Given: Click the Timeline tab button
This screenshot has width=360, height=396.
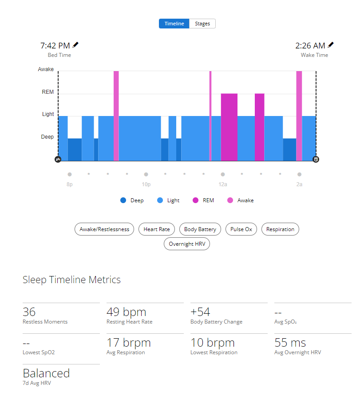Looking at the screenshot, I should pyautogui.click(x=174, y=24).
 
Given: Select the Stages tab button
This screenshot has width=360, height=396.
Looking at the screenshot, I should pyautogui.click(x=202, y=24).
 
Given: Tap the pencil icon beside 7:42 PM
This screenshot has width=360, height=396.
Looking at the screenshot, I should pyautogui.click(x=76, y=45).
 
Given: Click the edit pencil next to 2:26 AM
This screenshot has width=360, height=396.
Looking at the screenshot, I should pyautogui.click(x=331, y=45).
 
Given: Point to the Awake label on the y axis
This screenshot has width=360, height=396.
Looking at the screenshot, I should pyautogui.click(x=46, y=69).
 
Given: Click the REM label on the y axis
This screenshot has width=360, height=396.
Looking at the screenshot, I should pyautogui.click(x=47, y=92).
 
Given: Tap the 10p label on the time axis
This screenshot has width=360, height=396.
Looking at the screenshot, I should pyautogui.click(x=146, y=184).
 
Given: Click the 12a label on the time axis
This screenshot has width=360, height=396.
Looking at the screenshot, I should pyautogui.click(x=223, y=184).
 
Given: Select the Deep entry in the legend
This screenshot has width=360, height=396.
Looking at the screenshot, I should pyautogui.click(x=132, y=200).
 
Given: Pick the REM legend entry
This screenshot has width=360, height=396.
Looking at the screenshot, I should pyautogui.click(x=203, y=200).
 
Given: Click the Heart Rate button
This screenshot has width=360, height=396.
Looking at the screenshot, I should pyautogui.click(x=157, y=229).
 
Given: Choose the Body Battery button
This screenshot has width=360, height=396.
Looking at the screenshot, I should pyautogui.click(x=200, y=229).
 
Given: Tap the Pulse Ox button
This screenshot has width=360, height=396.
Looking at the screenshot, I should pyautogui.click(x=241, y=229).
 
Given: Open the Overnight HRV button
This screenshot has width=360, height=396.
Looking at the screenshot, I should pyautogui.click(x=186, y=244).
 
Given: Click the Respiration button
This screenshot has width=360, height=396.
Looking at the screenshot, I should pyautogui.click(x=280, y=229).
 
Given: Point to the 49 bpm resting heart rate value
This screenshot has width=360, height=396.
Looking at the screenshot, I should pyautogui.click(x=126, y=312).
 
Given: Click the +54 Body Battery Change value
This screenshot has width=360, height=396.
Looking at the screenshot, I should pyautogui.click(x=200, y=312).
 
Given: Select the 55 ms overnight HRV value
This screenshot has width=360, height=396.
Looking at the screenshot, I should pyautogui.click(x=290, y=343).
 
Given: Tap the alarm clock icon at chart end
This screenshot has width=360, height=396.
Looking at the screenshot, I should pyautogui.click(x=316, y=159).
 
